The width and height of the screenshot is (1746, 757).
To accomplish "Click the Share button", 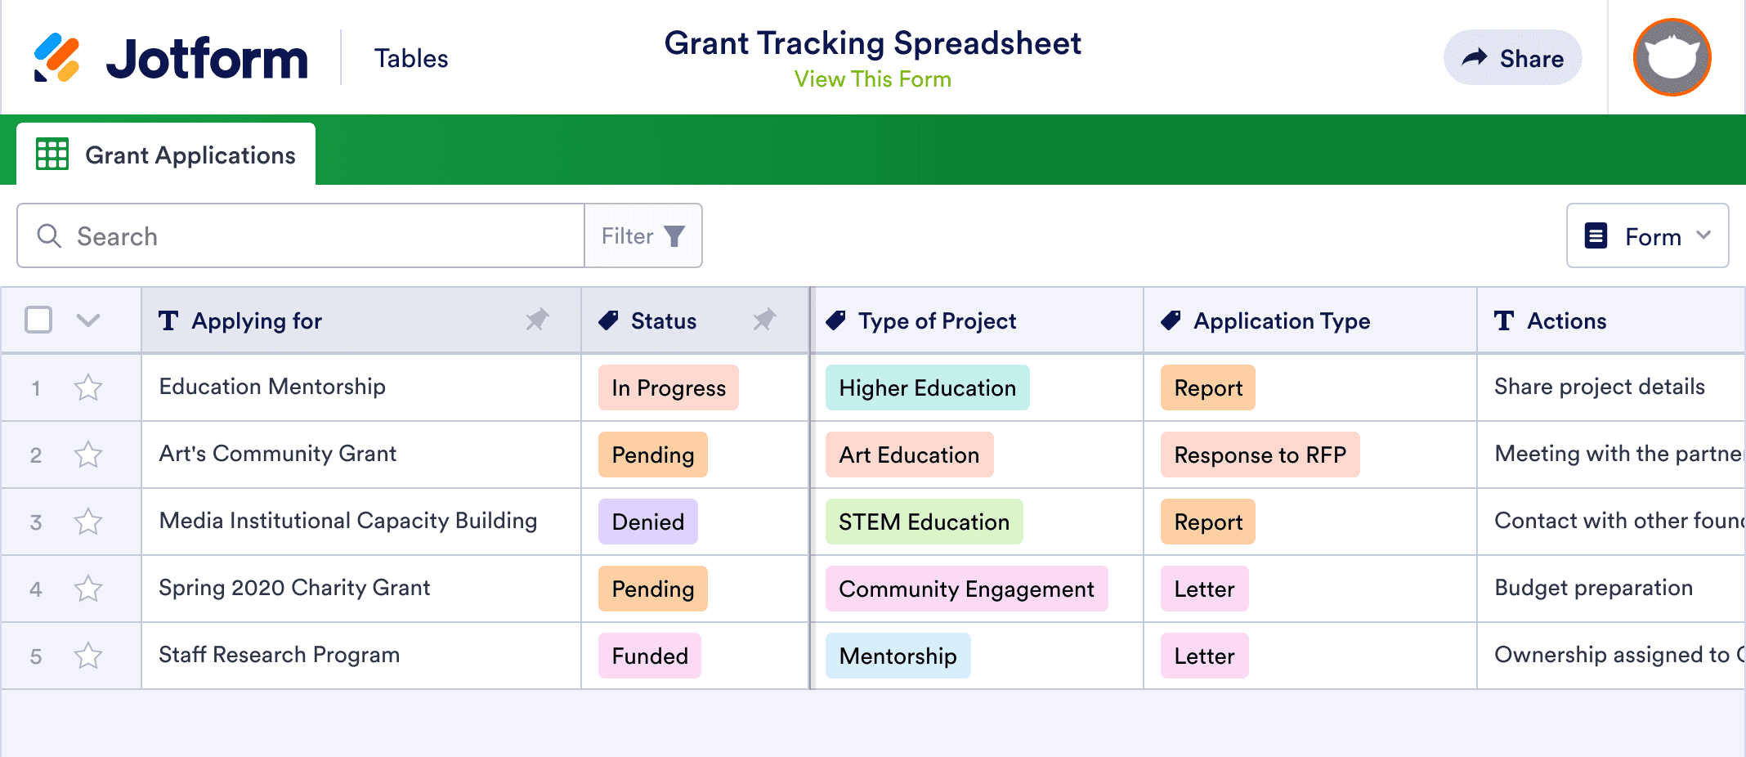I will (x=1512, y=58).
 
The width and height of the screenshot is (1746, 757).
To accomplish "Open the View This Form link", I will (x=872, y=79).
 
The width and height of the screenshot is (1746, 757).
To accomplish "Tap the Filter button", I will (x=642, y=236).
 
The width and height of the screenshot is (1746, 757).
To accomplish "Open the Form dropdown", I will (x=1647, y=236).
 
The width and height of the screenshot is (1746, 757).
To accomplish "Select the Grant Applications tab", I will (x=166, y=155).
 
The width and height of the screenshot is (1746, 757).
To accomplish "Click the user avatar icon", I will (x=1672, y=58).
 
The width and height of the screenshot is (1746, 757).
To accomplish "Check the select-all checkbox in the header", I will (x=38, y=320).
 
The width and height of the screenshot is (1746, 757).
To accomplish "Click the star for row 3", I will (x=88, y=522).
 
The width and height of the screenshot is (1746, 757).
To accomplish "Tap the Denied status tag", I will (x=647, y=522).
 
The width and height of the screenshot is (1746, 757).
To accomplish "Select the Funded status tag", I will (x=650, y=656).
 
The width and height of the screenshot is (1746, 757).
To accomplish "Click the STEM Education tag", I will (x=924, y=522).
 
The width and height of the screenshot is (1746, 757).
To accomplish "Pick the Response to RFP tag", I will (x=1260, y=455).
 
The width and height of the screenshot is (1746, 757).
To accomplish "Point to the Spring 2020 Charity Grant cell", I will (x=294, y=589).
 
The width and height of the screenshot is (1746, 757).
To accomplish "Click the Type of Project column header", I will (x=937, y=321).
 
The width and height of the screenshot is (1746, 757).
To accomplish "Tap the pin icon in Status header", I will (x=764, y=320).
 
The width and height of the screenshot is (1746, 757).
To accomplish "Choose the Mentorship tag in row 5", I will (x=898, y=656).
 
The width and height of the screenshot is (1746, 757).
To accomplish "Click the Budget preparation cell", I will (x=1593, y=589).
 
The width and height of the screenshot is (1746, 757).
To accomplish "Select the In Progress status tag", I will (x=668, y=387).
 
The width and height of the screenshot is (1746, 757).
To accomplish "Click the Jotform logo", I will (x=172, y=59).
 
